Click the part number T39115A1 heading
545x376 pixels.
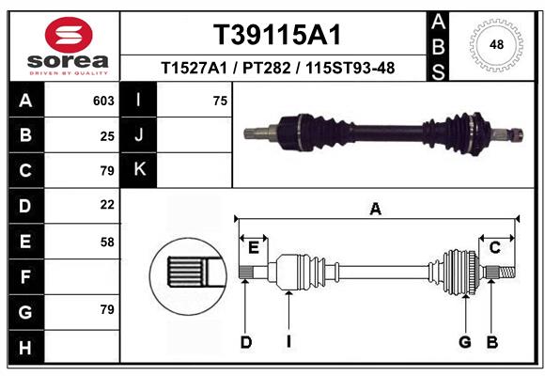point(276,35)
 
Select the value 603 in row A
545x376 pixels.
point(103,101)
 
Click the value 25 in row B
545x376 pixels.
point(107,135)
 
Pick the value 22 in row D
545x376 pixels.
point(107,204)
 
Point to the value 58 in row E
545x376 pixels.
point(107,242)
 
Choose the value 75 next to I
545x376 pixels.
point(220,101)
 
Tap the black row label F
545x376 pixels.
point(24,276)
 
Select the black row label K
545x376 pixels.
point(139,170)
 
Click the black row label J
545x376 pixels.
point(139,135)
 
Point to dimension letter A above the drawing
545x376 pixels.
point(376,210)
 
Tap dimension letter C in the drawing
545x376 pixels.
point(494,247)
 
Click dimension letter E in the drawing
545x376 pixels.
point(253,247)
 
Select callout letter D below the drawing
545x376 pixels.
point(245,342)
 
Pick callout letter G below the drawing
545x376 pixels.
point(464,342)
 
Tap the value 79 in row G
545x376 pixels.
point(107,309)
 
